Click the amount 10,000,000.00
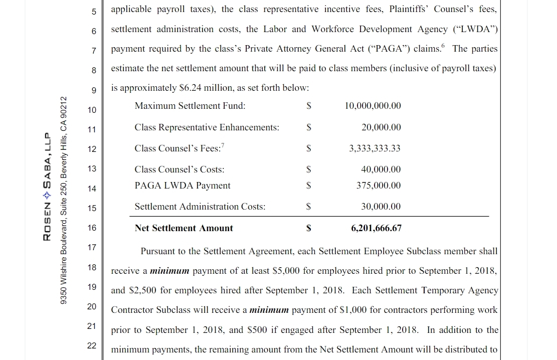[x=373, y=106]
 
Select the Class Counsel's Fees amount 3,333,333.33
[x=376, y=148]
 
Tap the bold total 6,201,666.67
[x=376, y=228]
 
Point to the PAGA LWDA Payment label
[x=182, y=186]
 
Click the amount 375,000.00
[x=379, y=186]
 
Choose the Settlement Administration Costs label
[x=200, y=207]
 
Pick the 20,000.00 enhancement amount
[x=381, y=127]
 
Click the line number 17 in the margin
[x=92, y=247]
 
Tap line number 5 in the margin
[x=94, y=11]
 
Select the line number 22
[x=92, y=345]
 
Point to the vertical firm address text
[x=63, y=200]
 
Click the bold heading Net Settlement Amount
[x=183, y=228]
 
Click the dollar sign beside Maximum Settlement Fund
[x=309, y=106]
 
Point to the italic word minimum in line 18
[x=170, y=271]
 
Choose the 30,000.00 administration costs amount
[x=381, y=207]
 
